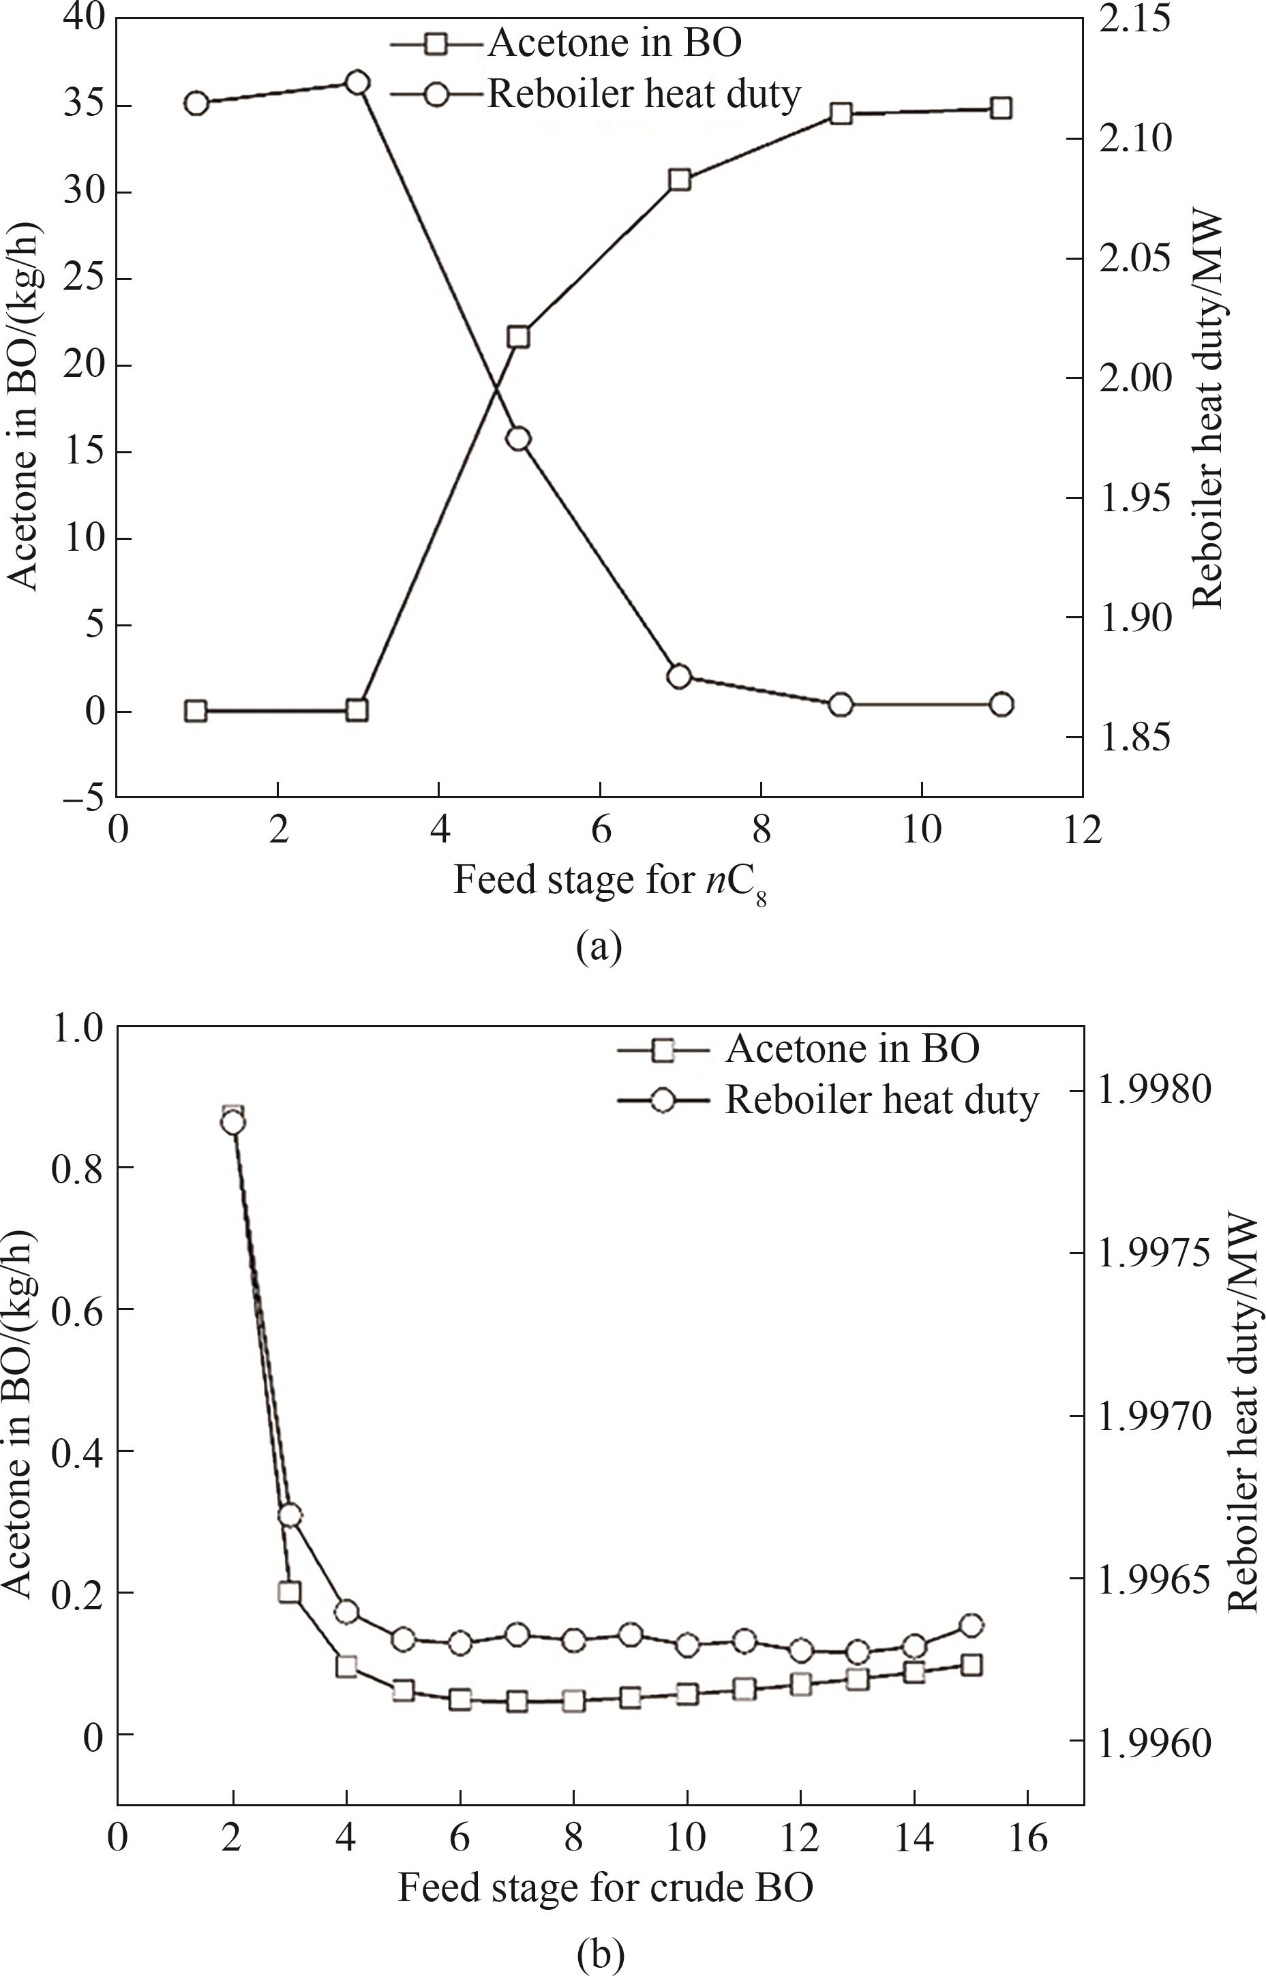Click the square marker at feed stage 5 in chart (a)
(x=518, y=337)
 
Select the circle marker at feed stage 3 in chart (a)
(x=357, y=82)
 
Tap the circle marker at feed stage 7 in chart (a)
(x=679, y=676)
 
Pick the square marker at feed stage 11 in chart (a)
(x=1001, y=108)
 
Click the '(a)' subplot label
(x=599, y=947)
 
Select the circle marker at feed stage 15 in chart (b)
(x=971, y=1603)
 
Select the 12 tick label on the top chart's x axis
(x=1082, y=830)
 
